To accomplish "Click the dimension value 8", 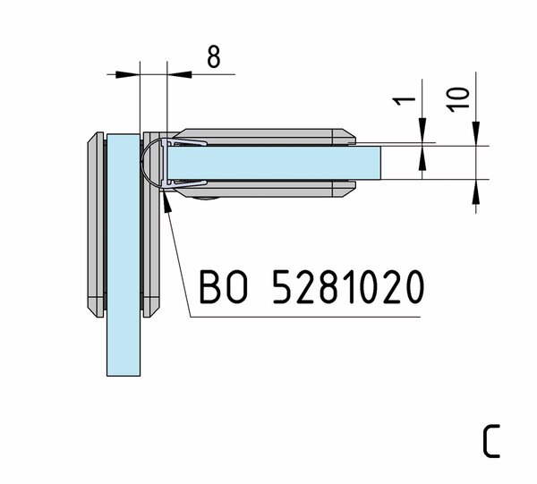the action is pyautogui.click(x=214, y=56).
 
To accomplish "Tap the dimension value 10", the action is pyautogui.click(x=458, y=99).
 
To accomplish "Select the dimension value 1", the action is pyautogui.click(x=404, y=101).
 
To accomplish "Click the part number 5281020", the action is pyautogui.click(x=348, y=287).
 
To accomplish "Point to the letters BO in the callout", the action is pyautogui.click(x=223, y=287).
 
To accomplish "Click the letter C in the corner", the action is pyautogui.click(x=491, y=441).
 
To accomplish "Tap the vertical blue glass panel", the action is pyautogui.click(x=124, y=255).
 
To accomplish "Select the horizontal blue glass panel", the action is pyautogui.click(x=274, y=163).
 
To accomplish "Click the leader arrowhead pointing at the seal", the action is pyautogui.click(x=166, y=202).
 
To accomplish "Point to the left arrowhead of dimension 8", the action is pyautogui.click(x=127, y=74).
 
